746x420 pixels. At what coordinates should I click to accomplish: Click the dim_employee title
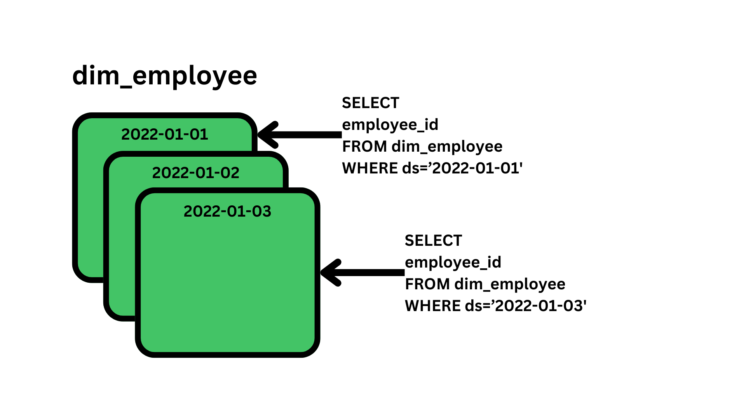click(164, 76)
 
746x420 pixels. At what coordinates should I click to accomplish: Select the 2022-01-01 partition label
click(165, 134)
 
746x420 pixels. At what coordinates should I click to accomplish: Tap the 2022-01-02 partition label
click(195, 173)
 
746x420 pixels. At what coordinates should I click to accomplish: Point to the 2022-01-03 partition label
click(227, 211)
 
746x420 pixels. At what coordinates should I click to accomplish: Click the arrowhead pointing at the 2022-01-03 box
click(330, 273)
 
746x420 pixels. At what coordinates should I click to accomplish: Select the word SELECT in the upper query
click(370, 103)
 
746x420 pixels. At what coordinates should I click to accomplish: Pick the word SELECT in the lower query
click(433, 241)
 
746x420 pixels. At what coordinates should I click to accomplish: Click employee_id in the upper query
click(390, 125)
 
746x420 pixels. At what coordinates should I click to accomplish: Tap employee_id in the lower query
click(453, 262)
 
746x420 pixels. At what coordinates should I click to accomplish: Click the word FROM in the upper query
click(364, 147)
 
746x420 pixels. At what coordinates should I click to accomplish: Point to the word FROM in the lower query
click(427, 284)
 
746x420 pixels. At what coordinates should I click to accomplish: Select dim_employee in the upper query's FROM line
click(447, 147)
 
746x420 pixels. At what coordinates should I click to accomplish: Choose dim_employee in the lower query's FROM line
click(510, 284)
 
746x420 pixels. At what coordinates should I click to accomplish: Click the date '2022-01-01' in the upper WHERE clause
click(477, 168)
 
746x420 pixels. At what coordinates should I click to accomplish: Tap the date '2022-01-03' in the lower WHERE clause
click(540, 306)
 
